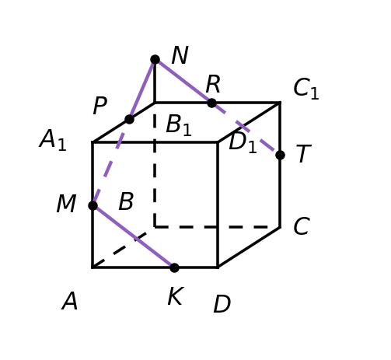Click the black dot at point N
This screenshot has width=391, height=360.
pos(155,60)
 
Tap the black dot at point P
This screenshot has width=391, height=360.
pos(129,120)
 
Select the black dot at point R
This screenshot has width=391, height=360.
pos(211,103)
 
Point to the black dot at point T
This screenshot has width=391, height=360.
pos(280,156)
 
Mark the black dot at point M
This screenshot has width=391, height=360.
pos(93,205)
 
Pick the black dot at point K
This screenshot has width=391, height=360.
pos(174,267)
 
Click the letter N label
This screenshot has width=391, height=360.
pos(180,55)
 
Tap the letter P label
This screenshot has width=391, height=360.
pos(99,106)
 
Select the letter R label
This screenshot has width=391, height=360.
pos(213,84)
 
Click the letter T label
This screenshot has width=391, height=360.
pos(303,154)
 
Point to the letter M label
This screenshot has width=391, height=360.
pos(66,204)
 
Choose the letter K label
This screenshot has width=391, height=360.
pos(176,296)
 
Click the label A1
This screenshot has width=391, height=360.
pos(53,140)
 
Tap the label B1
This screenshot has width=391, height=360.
pos(179,125)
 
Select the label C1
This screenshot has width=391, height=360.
pos(306,89)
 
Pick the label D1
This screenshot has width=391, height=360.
pos(243,142)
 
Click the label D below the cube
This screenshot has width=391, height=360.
pos(222,304)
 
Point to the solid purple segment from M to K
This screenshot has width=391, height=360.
pos(134,236)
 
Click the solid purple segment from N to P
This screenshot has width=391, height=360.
pos(142,89)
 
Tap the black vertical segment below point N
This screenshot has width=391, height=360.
pos(155,82)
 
